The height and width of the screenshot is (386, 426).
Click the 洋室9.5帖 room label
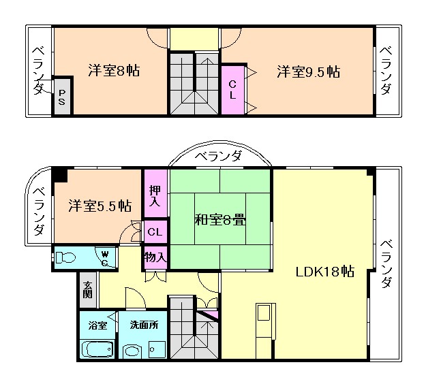(308, 71)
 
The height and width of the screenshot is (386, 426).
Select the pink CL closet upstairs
(232, 90)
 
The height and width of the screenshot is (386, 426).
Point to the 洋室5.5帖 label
(99, 206)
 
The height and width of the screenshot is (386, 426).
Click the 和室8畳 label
(221, 219)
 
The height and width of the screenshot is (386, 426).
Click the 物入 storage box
(155, 257)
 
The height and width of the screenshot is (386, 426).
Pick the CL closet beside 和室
(155, 231)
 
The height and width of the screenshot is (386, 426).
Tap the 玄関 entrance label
(87, 290)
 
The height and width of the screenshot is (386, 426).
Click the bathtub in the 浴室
(97, 350)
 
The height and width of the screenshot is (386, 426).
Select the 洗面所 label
(143, 325)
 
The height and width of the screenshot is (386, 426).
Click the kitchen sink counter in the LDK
(264, 320)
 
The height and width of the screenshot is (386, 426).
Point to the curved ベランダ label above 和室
(218, 157)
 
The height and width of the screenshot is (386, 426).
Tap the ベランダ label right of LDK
(386, 263)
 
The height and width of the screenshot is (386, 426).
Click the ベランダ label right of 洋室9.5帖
(386, 70)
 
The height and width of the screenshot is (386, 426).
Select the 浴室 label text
(97, 325)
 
